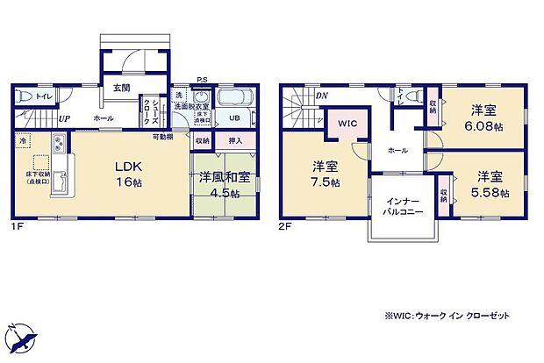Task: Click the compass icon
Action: (x=23, y=338)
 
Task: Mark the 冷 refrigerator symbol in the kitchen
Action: (x=21, y=140)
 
